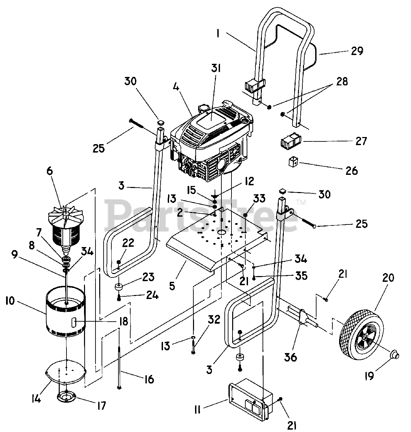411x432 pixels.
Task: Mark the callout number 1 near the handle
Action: click(x=218, y=34)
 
